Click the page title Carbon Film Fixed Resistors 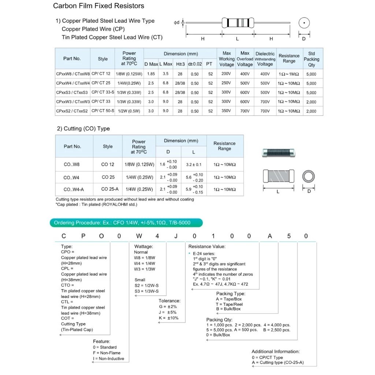point(99,6)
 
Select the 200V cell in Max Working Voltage point(226,74)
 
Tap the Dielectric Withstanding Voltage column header point(265,59)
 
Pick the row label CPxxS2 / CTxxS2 point(72,111)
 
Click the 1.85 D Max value point(151,74)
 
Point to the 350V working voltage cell point(226,111)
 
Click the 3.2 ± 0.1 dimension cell point(194,164)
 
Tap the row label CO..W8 point(71,164)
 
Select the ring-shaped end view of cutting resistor point(309,177)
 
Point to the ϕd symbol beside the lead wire point(177,23)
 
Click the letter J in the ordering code point(176,236)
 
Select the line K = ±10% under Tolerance point(168,318)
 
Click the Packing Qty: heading point(219,320)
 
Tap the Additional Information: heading point(275,352)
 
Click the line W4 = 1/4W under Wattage point(145,263)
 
